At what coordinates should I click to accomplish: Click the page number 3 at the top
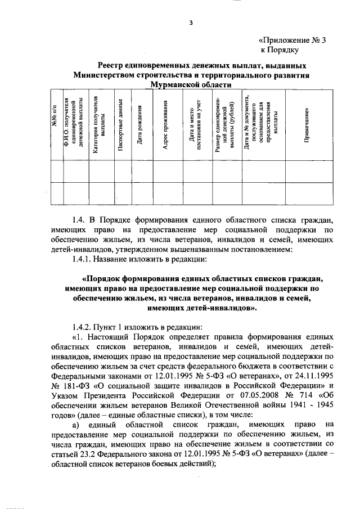(x=191, y=22)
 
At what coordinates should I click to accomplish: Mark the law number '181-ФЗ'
(x=76, y=385)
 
